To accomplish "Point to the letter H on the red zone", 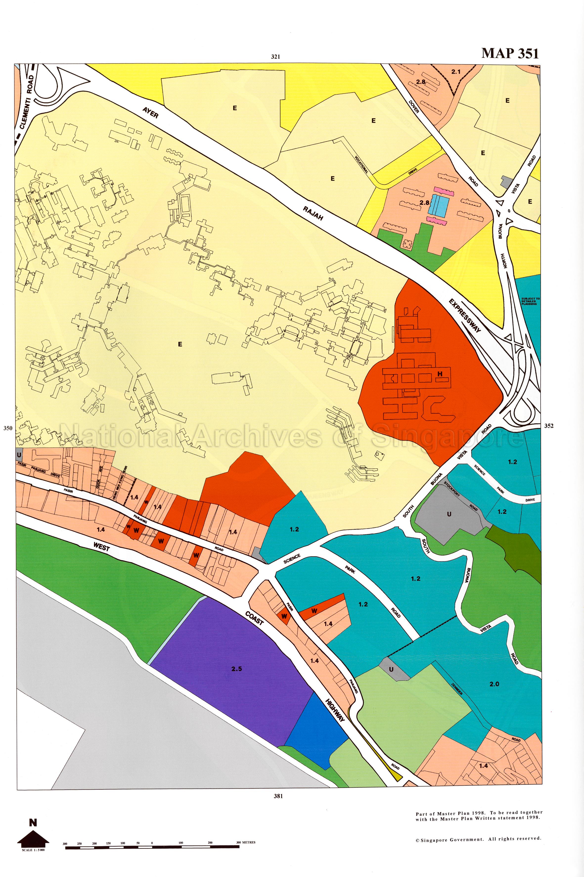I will coord(440,374).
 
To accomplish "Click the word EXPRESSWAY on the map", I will coord(465,315).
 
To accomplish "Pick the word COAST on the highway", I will coord(254,618).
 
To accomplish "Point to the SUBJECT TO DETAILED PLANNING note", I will coord(530,301).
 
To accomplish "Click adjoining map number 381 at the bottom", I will coord(278,796).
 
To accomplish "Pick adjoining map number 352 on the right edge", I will coord(549,426).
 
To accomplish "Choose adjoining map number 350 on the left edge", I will coord(8,428).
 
